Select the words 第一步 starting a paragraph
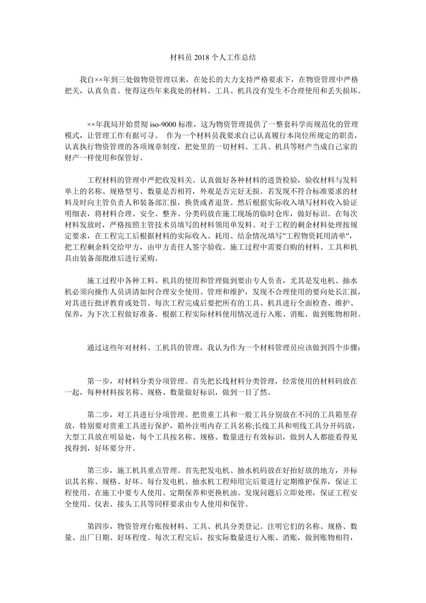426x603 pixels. (99, 381)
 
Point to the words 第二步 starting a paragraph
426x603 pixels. (99, 414)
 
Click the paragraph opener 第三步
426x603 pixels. (99, 470)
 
